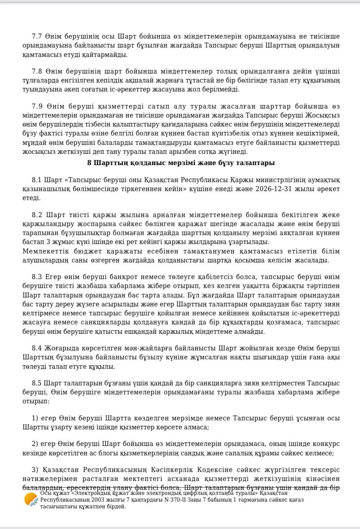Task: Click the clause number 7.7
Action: (x=37, y=36)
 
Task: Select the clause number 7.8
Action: (x=37, y=71)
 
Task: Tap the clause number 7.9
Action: (x=37, y=106)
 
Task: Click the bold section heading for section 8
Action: (x=181, y=163)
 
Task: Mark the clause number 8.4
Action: (x=37, y=348)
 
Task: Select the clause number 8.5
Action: (x=37, y=383)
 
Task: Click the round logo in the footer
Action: (x=30, y=499)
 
